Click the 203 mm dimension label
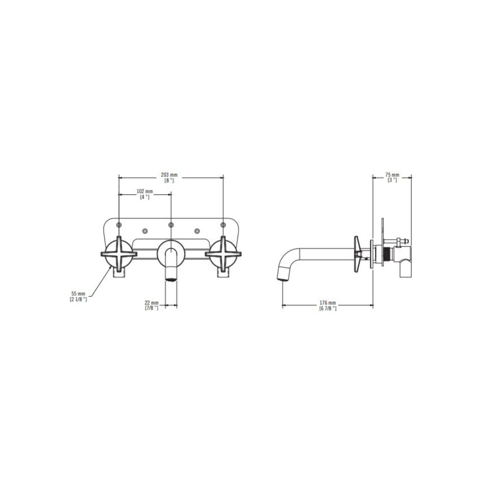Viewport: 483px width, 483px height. point(169,175)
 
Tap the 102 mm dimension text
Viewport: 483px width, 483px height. point(145,191)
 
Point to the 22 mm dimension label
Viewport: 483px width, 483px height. point(151,303)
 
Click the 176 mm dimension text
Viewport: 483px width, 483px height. point(328,303)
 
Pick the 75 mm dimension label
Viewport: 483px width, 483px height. point(392,175)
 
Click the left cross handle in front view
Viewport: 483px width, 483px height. point(119,254)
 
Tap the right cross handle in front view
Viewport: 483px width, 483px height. point(223,254)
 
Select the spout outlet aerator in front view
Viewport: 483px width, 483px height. point(171,280)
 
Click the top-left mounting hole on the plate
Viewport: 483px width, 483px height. point(119,225)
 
